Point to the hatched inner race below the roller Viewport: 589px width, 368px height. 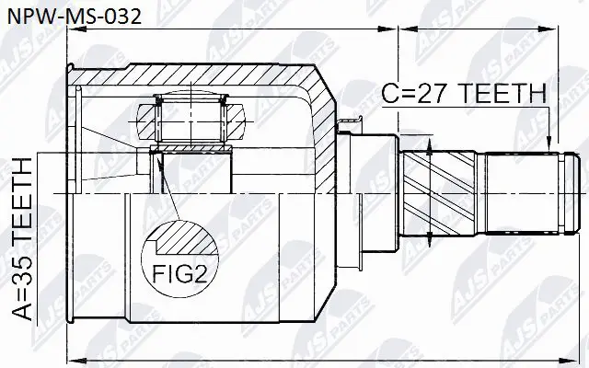193,151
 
